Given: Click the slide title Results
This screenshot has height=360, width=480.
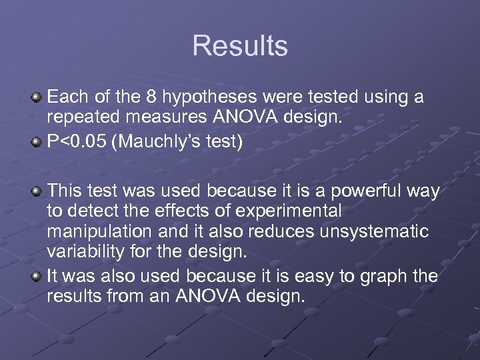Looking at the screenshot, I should tap(240, 46).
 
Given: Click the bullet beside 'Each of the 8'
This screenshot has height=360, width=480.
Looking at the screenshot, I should tap(37, 98).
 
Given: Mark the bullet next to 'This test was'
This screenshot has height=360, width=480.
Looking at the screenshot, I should tap(37, 192).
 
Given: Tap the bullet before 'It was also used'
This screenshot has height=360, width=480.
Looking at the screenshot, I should tap(37, 276).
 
